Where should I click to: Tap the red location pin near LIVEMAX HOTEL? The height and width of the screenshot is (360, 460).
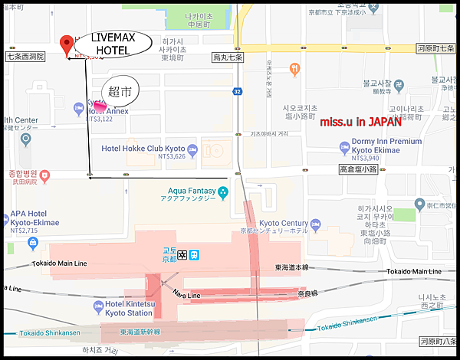(x=67, y=44)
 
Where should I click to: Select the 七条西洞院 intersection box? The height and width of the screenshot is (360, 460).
(x=25, y=57)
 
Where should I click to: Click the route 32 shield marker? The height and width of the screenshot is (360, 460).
(x=238, y=91)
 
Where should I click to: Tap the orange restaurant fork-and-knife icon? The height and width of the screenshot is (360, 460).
(x=295, y=70)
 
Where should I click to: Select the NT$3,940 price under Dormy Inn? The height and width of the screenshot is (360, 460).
(x=370, y=159)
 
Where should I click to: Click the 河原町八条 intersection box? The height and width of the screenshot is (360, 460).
(x=437, y=341)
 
